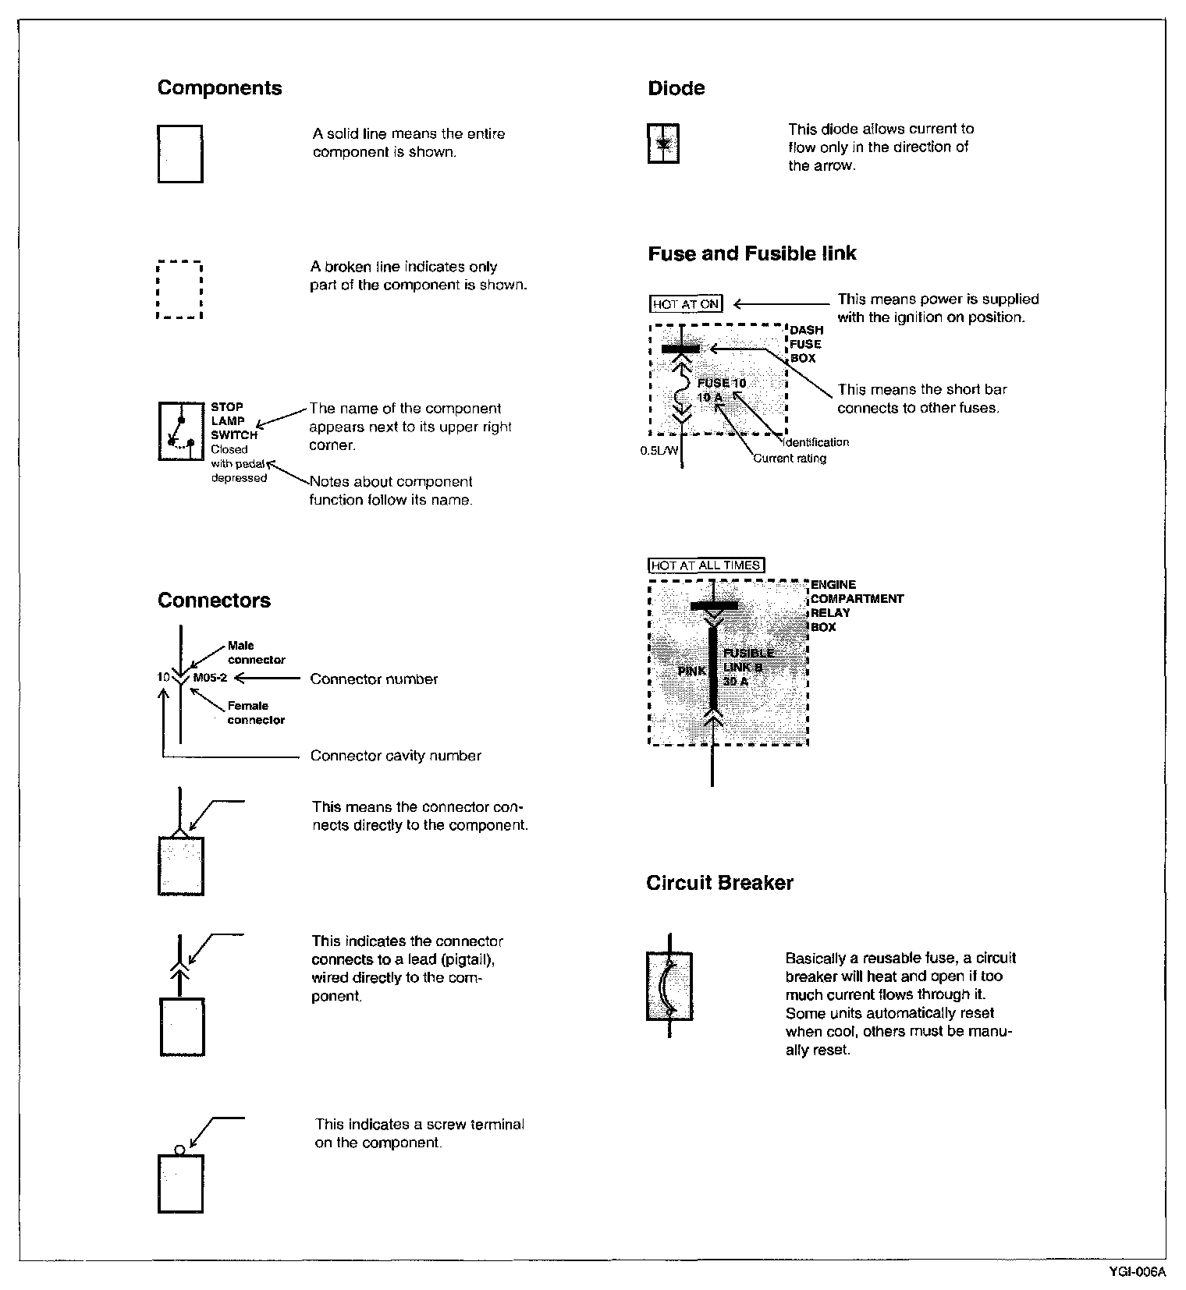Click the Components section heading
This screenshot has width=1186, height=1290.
[x=219, y=87]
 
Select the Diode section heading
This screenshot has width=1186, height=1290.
[x=676, y=88]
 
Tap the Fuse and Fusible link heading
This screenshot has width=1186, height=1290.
[x=751, y=253]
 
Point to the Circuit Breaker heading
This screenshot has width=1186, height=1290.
[x=719, y=883]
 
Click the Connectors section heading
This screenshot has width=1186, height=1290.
[x=214, y=601]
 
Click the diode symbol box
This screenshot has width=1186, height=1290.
[x=663, y=144]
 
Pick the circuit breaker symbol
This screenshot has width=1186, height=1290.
[x=669, y=986]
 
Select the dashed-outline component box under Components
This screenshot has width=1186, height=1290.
[x=179, y=290]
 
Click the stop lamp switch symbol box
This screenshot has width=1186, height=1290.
[x=180, y=431]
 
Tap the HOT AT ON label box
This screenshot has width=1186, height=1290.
[x=686, y=304]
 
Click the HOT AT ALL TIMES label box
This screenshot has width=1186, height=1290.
[x=706, y=565]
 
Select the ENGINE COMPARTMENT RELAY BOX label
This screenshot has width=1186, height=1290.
[x=856, y=606]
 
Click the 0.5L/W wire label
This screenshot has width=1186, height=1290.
[x=659, y=451]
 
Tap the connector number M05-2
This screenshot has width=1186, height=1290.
[x=210, y=678]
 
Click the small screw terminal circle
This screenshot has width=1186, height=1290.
[x=179, y=1150]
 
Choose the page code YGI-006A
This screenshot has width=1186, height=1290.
[x=1137, y=1272]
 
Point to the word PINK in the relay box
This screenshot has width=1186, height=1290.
[x=692, y=671]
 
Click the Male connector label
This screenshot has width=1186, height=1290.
[x=256, y=653]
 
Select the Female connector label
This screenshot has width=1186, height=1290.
[x=255, y=713]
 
